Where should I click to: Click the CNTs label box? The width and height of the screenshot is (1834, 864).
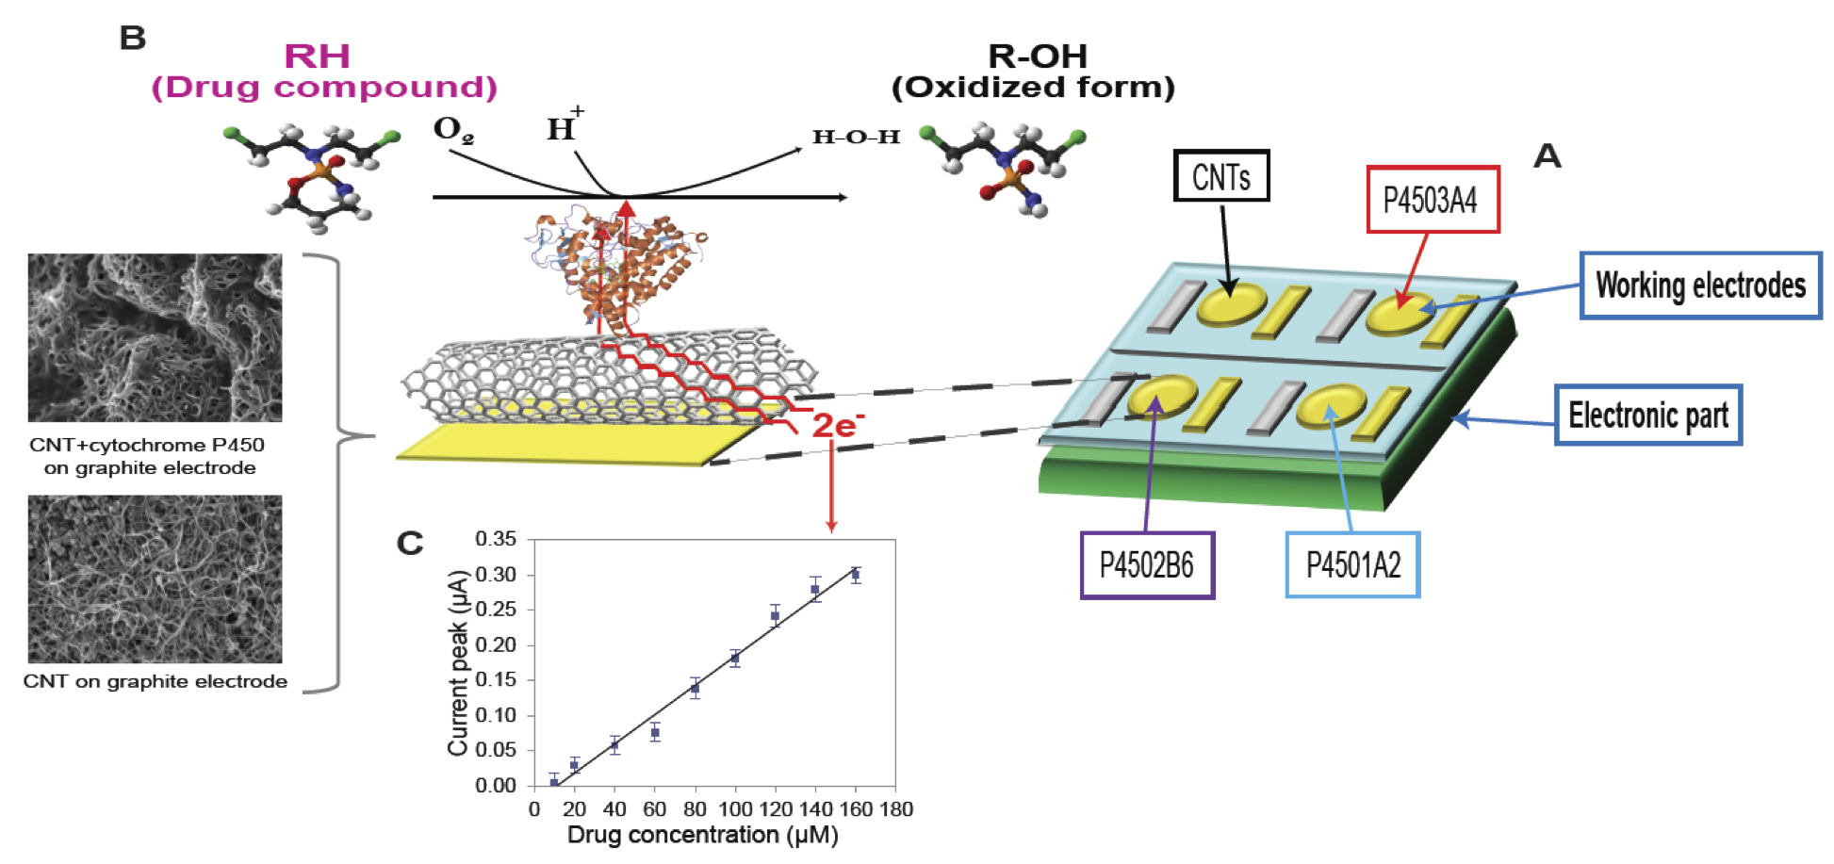[1220, 176]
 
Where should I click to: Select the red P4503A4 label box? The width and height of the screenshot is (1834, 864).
[1432, 200]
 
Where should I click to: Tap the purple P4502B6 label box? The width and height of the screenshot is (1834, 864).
[1147, 565]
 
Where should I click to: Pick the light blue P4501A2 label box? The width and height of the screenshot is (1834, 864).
[1352, 565]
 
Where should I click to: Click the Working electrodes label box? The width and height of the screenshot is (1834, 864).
[1700, 285]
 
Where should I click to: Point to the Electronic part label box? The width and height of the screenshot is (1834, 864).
[1647, 415]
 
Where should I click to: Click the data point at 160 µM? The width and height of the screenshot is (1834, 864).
[856, 574]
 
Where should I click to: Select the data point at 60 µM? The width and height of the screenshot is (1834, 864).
[655, 732]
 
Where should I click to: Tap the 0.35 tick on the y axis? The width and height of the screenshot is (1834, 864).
[496, 540]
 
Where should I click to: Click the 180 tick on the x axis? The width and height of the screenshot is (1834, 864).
[895, 809]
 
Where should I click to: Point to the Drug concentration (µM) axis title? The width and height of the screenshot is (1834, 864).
[702, 836]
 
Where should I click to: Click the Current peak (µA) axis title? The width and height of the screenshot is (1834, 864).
[458, 663]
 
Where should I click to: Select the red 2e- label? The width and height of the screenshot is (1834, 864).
[838, 426]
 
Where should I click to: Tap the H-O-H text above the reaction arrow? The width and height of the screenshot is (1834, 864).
[856, 138]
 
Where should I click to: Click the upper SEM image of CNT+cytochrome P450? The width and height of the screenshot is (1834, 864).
[155, 337]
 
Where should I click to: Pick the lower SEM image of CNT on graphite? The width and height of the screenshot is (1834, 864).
[155, 579]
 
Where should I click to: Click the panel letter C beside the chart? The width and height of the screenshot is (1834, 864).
[410, 544]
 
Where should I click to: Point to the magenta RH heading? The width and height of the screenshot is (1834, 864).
[318, 57]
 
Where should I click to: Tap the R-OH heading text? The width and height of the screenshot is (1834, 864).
[1037, 57]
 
